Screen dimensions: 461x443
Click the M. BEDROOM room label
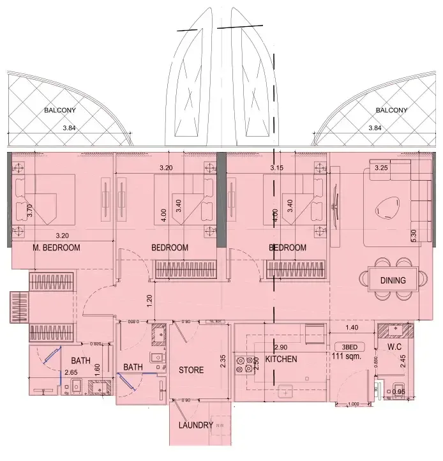(56, 248)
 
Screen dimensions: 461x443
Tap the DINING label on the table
(393, 280)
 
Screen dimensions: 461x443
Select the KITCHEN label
(282, 359)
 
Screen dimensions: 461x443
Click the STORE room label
(191, 370)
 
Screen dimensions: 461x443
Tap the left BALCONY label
(59, 110)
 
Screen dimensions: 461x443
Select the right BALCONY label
(391, 110)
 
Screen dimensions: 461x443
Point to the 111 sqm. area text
(348, 357)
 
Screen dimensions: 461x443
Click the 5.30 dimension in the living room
(414, 235)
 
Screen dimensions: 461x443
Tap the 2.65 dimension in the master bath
(71, 372)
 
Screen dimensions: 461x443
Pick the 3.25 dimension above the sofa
(381, 168)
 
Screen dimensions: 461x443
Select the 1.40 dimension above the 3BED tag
(352, 328)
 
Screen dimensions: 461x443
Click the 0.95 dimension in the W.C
(398, 392)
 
